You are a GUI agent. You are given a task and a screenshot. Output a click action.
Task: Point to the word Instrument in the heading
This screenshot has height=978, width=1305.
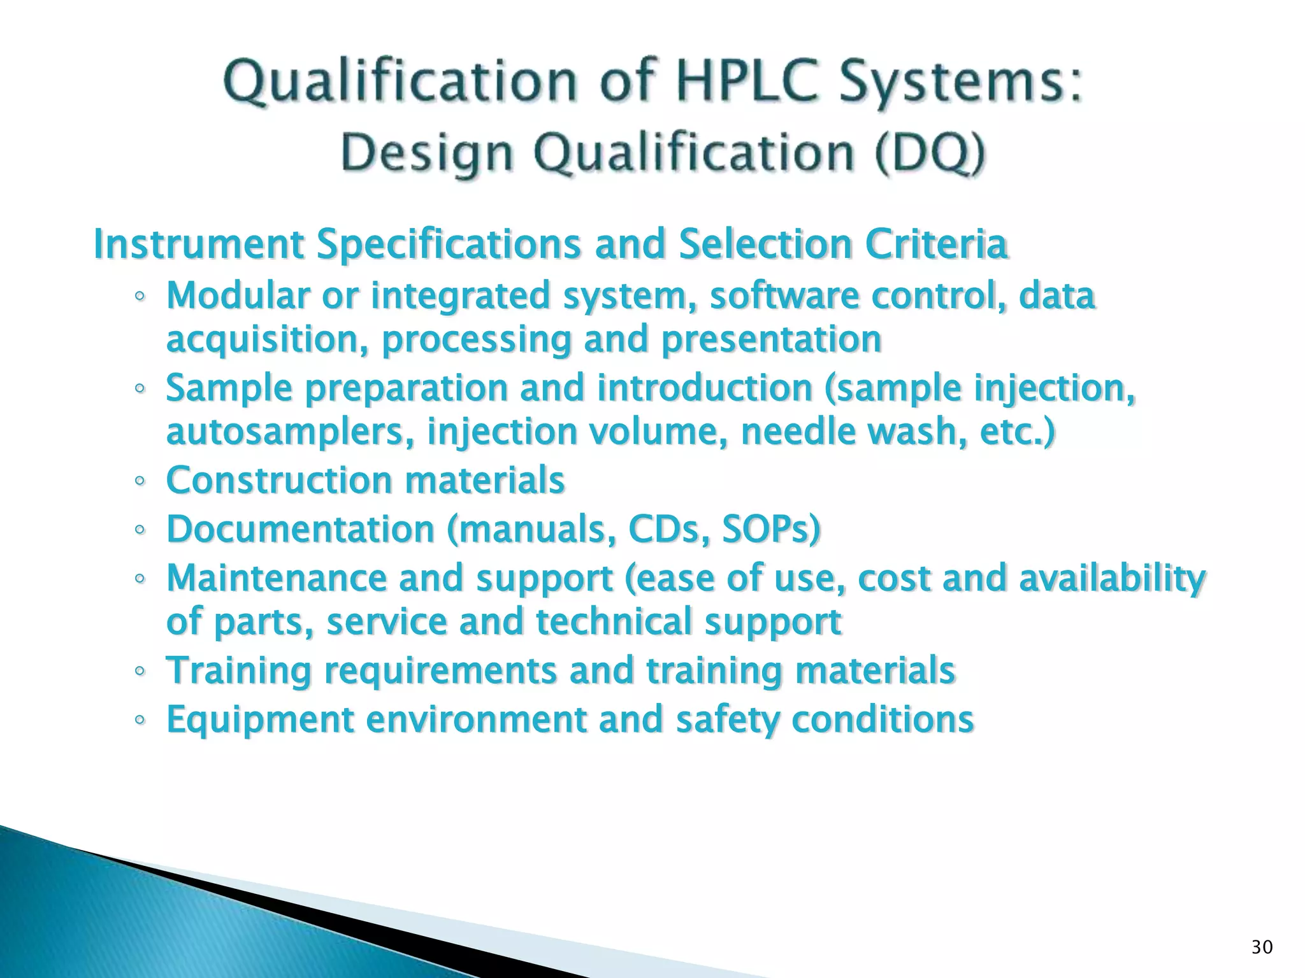pyautogui.click(x=198, y=244)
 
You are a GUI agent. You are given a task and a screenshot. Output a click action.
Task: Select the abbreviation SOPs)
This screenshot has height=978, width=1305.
pyautogui.click(x=772, y=529)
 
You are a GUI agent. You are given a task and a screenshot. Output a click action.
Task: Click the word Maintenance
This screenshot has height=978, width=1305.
pyautogui.click(x=276, y=578)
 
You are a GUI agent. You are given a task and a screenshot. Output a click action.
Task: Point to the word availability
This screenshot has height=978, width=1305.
pyautogui.click(x=1112, y=578)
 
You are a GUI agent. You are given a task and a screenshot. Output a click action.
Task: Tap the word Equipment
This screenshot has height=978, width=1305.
pyautogui.click(x=259, y=719)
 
